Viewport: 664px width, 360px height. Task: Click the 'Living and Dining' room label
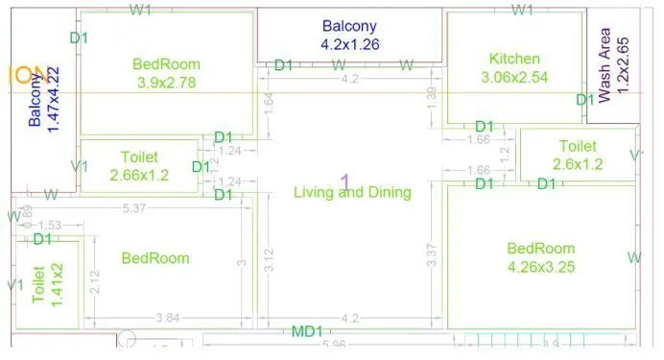click(352, 192)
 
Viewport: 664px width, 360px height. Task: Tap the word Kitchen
click(514, 59)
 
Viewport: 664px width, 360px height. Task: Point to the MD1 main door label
click(306, 331)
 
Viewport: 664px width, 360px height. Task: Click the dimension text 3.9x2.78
click(167, 84)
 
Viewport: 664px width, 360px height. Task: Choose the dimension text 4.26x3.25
click(540, 267)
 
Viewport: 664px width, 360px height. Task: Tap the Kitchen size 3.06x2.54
click(513, 78)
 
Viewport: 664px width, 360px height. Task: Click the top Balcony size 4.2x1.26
click(349, 43)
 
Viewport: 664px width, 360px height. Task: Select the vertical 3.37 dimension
click(432, 254)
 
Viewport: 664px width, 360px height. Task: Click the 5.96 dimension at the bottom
click(334, 345)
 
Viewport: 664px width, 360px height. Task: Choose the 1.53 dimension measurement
click(50, 226)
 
